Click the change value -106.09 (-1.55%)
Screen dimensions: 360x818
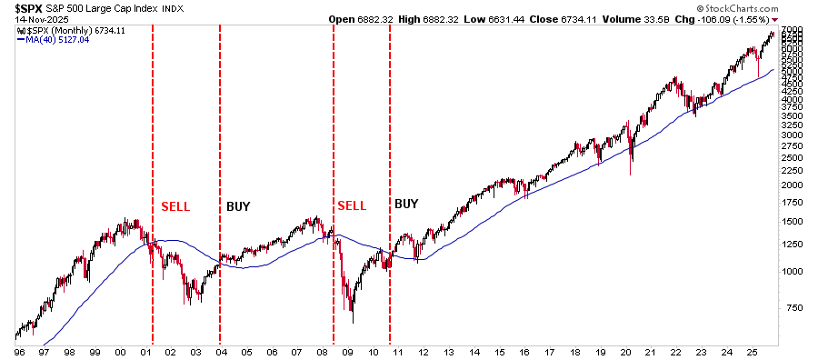pyautogui.click(x=776, y=19)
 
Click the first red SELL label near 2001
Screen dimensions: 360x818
pyautogui.click(x=175, y=206)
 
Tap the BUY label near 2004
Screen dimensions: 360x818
pyautogui.click(x=238, y=206)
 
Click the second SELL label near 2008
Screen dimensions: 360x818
pyautogui.click(x=352, y=205)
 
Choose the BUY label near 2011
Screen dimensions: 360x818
pyautogui.click(x=406, y=204)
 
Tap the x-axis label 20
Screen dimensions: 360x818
pyautogui.click(x=624, y=350)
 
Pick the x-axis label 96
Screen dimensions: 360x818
pyautogui.click(x=19, y=350)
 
